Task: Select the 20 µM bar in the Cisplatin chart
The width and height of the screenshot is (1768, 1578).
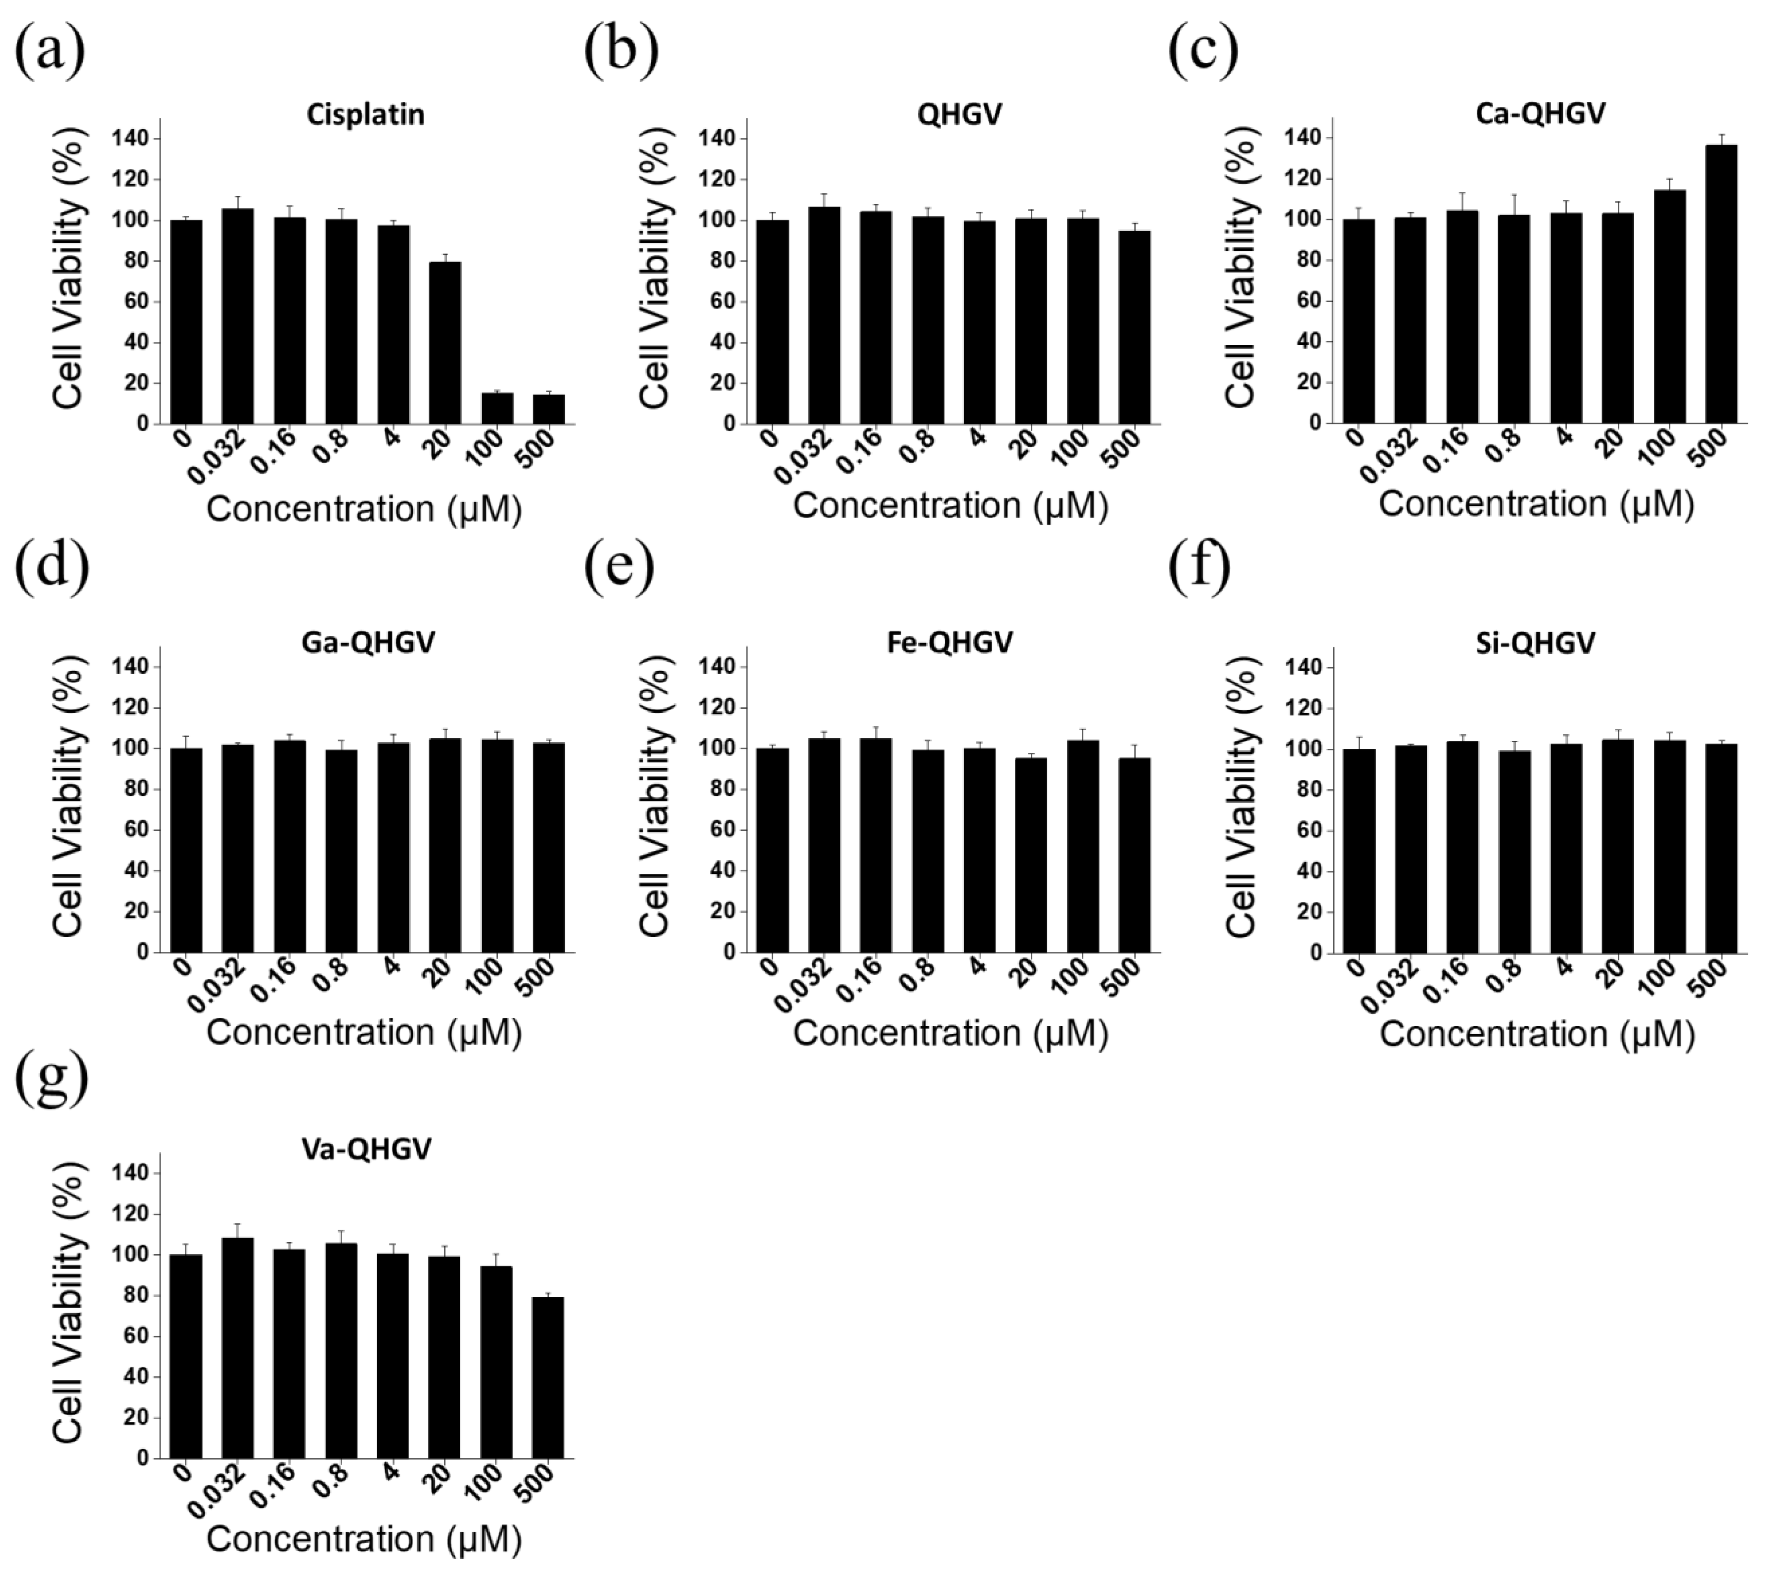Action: coord(445,343)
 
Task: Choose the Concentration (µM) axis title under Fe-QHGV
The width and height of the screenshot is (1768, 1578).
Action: coord(950,1033)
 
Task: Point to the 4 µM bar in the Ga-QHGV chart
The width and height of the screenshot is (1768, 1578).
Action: coord(393,848)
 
